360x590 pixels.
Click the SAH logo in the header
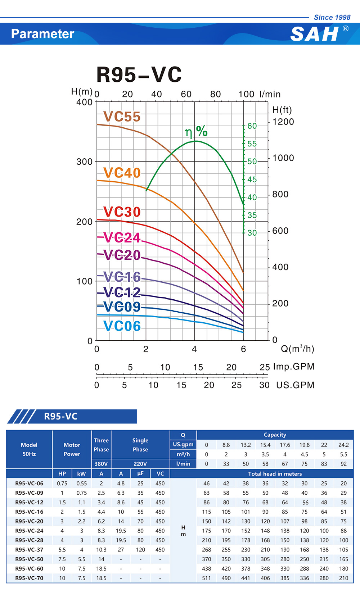point(314,35)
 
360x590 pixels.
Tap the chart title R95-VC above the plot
point(139,75)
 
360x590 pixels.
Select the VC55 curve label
point(122,117)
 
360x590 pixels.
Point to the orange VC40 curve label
point(122,173)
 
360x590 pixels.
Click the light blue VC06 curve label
point(122,326)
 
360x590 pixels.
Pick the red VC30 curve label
point(122,212)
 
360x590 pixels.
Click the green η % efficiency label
point(196,132)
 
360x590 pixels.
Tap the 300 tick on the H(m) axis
point(85,162)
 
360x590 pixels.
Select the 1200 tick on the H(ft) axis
point(283,122)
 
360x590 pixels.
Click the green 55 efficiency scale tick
point(252,144)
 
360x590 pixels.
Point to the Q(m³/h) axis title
point(297,349)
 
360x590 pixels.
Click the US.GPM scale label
point(295,385)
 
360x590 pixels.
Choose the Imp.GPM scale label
point(294,367)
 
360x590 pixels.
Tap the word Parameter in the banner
point(42,34)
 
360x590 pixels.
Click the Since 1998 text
point(332,17)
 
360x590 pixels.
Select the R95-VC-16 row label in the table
point(29,512)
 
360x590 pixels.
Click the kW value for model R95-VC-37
point(82,550)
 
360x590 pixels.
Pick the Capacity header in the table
point(275,435)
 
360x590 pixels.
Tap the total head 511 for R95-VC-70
point(206,578)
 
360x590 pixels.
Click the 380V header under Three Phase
point(101,464)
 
